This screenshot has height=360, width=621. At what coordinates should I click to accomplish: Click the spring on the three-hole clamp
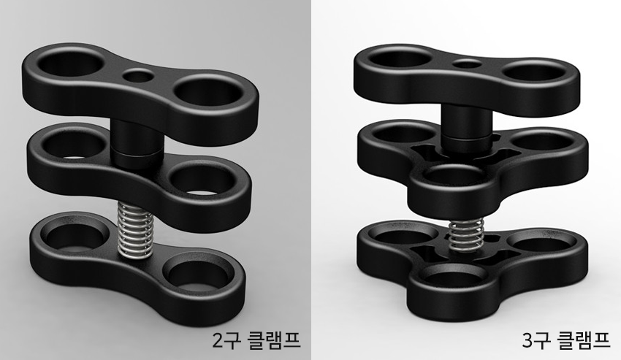coord(466,235)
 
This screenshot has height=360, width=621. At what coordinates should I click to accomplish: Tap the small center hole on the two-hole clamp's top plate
coord(138,75)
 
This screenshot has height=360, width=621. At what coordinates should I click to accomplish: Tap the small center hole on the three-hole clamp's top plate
coord(467,64)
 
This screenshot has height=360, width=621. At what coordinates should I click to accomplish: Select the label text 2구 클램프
coord(256,340)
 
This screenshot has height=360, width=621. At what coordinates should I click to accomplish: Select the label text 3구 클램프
coord(566,340)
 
